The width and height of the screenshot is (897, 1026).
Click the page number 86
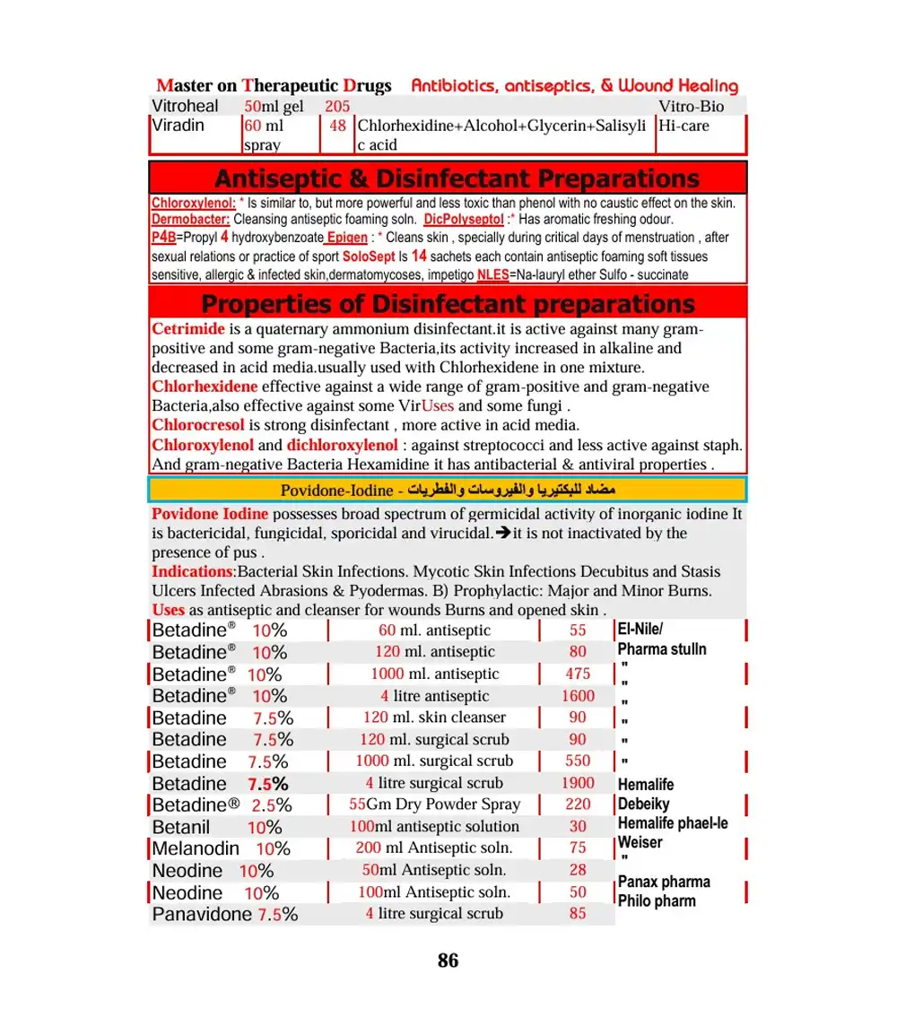tap(448, 961)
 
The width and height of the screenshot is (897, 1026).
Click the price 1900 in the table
tap(578, 783)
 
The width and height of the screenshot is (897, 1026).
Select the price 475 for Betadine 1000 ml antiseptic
tap(578, 674)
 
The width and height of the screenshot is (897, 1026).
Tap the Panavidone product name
tap(202, 914)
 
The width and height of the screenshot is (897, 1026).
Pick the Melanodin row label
tap(196, 848)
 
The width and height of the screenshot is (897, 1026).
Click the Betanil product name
tap(181, 827)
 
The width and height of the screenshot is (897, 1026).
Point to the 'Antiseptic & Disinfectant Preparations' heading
tap(448, 178)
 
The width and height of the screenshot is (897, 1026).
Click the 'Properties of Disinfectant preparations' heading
tap(448, 303)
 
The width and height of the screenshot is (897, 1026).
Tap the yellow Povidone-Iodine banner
tap(448, 490)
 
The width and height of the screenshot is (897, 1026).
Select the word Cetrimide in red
tap(188, 329)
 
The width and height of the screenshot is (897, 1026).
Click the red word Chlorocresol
tap(198, 425)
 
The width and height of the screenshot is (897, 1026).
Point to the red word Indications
tap(192, 571)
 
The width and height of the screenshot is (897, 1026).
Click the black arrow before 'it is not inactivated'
tap(502, 533)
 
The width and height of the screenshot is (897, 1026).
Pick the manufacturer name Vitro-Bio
tap(691, 107)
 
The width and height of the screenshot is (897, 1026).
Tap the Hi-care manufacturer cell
tap(684, 126)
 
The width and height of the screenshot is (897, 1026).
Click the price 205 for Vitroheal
tap(337, 107)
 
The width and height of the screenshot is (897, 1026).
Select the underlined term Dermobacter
tap(191, 219)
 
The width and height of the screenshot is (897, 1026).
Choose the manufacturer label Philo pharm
tap(657, 900)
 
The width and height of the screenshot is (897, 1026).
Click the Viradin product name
tap(179, 126)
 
